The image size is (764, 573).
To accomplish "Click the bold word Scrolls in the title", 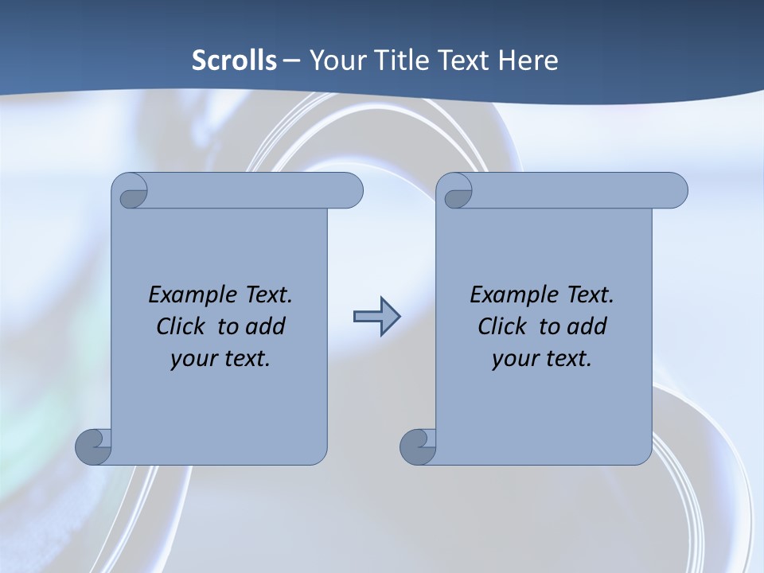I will [234, 60].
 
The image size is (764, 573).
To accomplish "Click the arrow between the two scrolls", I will [376, 317].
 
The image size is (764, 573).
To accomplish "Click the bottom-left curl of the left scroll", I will [94, 446].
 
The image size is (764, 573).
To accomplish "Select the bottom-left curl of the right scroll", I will [419, 446].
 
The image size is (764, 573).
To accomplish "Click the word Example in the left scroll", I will [191, 295].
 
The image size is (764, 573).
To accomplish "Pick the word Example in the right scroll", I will [513, 295].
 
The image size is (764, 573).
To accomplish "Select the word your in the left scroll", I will [193, 359].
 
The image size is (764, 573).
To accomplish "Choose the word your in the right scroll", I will [515, 359].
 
